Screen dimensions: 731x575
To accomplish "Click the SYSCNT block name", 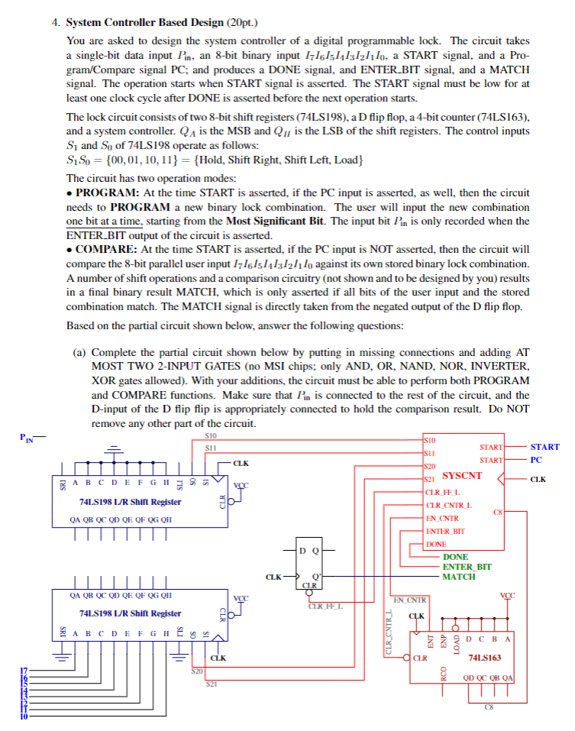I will (462, 475).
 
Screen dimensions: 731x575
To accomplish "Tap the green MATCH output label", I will (459, 577).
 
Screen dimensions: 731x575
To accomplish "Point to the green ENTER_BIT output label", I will (467, 567).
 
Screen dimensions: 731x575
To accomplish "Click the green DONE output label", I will (456, 557).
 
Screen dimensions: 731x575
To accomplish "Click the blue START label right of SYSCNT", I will (544, 447).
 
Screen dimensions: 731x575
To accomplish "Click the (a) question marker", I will (82, 353).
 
